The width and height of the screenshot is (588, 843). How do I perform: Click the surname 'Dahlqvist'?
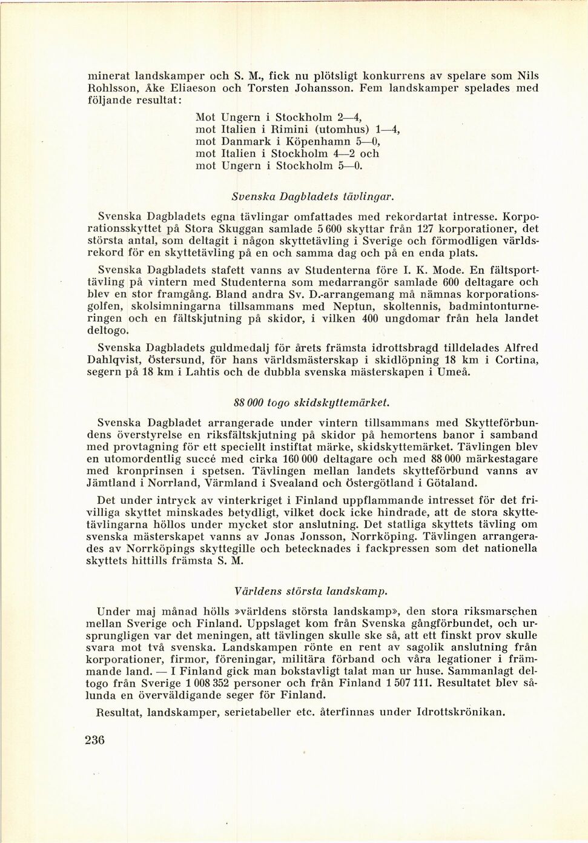coord(117,360)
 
